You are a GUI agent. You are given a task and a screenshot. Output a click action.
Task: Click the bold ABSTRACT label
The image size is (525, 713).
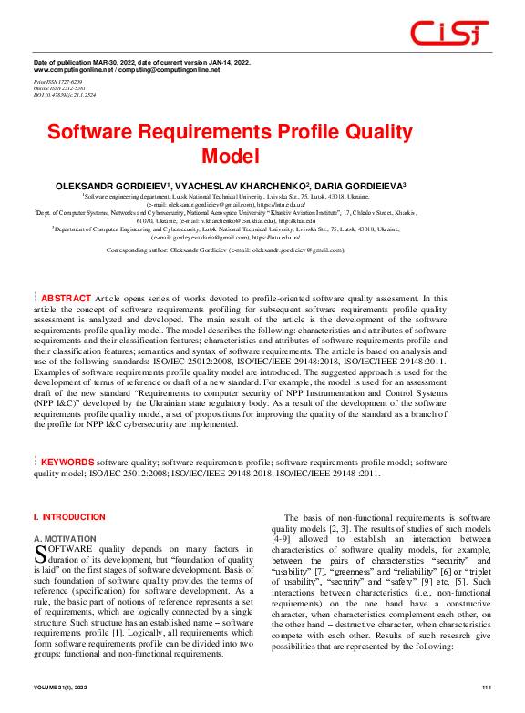(67, 298)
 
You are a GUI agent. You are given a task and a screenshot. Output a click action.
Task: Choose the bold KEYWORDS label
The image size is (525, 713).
(68, 463)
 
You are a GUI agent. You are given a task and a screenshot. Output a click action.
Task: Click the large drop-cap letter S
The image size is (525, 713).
(40, 553)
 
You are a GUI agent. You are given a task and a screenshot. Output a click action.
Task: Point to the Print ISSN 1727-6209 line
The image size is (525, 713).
(58, 81)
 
